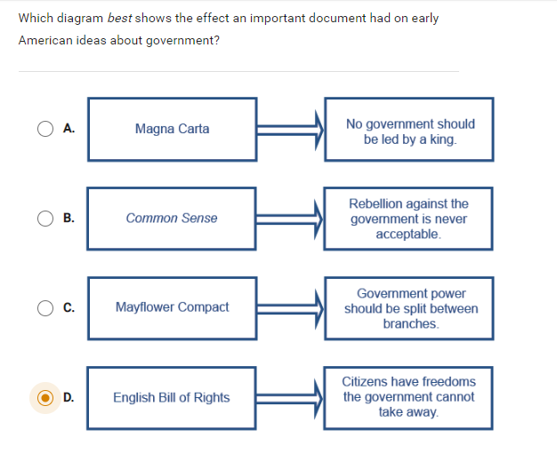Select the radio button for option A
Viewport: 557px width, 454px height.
tap(46, 129)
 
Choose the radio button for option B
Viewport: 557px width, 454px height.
tap(46, 218)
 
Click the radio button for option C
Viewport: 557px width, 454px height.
tap(46, 307)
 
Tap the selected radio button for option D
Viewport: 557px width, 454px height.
tap(46, 397)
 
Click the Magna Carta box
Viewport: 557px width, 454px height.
tap(173, 129)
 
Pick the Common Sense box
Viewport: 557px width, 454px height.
tap(173, 218)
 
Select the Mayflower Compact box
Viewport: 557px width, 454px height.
tap(173, 307)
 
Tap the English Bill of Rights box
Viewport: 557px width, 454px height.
tap(173, 397)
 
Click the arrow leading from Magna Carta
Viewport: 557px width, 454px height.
tap(290, 129)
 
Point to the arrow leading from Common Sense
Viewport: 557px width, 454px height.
tap(290, 218)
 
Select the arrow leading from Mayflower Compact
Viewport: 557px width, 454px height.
tap(290, 307)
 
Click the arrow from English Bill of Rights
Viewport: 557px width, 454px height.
tap(290, 397)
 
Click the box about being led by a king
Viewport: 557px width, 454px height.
tap(409, 131)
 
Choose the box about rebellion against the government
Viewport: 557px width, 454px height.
tap(409, 219)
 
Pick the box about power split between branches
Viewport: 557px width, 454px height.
tap(409, 308)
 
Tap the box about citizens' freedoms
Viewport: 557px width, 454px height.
tap(409, 397)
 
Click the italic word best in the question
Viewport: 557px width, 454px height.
tap(119, 18)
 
